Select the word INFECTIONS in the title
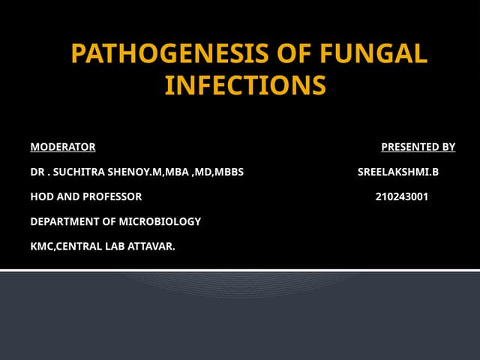(245, 85)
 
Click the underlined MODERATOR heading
(63, 146)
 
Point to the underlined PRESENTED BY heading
(418, 146)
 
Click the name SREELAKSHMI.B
(397, 172)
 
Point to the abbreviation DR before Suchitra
(37, 172)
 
